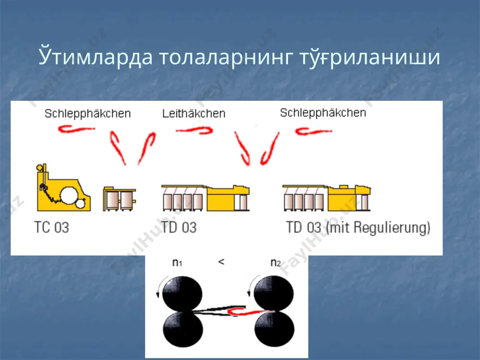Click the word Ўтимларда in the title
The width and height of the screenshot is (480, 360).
(95, 56)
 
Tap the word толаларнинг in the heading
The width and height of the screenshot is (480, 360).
(225, 57)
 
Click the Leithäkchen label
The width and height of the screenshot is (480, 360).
(194, 114)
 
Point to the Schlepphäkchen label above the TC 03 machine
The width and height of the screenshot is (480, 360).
(88, 114)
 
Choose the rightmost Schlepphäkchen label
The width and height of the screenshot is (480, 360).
(323, 113)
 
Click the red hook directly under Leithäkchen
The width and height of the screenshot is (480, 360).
(195, 131)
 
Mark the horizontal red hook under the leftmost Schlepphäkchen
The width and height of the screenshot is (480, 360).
(76, 129)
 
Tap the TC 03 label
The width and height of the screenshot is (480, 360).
(52, 228)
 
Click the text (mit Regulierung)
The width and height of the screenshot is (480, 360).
(378, 228)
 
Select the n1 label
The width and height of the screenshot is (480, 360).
(177, 263)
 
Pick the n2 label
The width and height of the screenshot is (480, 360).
(276, 263)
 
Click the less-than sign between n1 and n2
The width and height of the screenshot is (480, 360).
(221, 262)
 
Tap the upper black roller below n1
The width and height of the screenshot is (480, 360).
(182, 294)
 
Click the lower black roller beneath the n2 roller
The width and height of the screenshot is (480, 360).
(274, 329)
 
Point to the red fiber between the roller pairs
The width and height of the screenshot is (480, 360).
(251, 312)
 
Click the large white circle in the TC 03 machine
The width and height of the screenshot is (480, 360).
(70, 196)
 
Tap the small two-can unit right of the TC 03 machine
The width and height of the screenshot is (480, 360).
(120, 199)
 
